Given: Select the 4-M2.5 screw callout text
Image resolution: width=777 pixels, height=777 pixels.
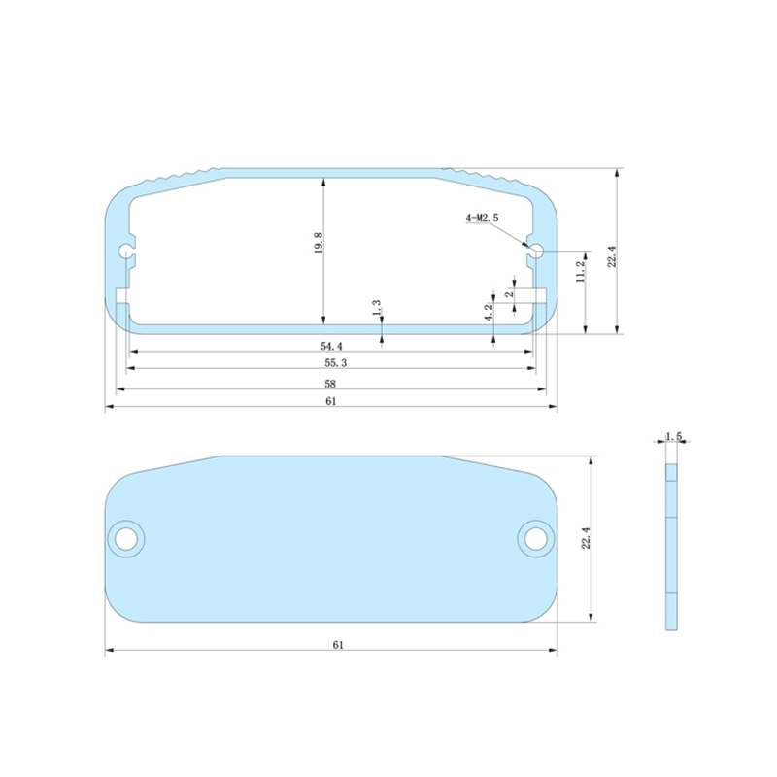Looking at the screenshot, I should [x=482, y=219].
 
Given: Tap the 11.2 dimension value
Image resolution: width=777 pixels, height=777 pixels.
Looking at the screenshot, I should [x=581, y=271].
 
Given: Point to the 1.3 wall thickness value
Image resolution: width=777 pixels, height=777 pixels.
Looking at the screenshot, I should [x=377, y=308].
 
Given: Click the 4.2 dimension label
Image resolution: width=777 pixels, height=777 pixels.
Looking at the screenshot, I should [x=490, y=312].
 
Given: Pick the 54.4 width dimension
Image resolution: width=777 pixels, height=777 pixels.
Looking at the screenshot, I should [x=332, y=346].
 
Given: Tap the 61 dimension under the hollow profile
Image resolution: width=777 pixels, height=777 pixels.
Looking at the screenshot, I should [x=330, y=402].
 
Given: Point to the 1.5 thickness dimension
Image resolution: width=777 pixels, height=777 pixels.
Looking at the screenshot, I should [x=673, y=437].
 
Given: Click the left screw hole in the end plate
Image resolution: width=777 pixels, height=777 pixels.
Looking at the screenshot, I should [x=125, y=537].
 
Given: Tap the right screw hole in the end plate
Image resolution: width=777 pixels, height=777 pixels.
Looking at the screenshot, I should [x=534, y=537].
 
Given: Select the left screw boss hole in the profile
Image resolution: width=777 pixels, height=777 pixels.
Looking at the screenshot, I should [x=126, y=252].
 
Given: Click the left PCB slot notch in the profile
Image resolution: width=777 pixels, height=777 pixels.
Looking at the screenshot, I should [x=122, y=294].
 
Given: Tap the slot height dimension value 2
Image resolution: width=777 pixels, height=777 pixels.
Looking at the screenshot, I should [x=510, y=293].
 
